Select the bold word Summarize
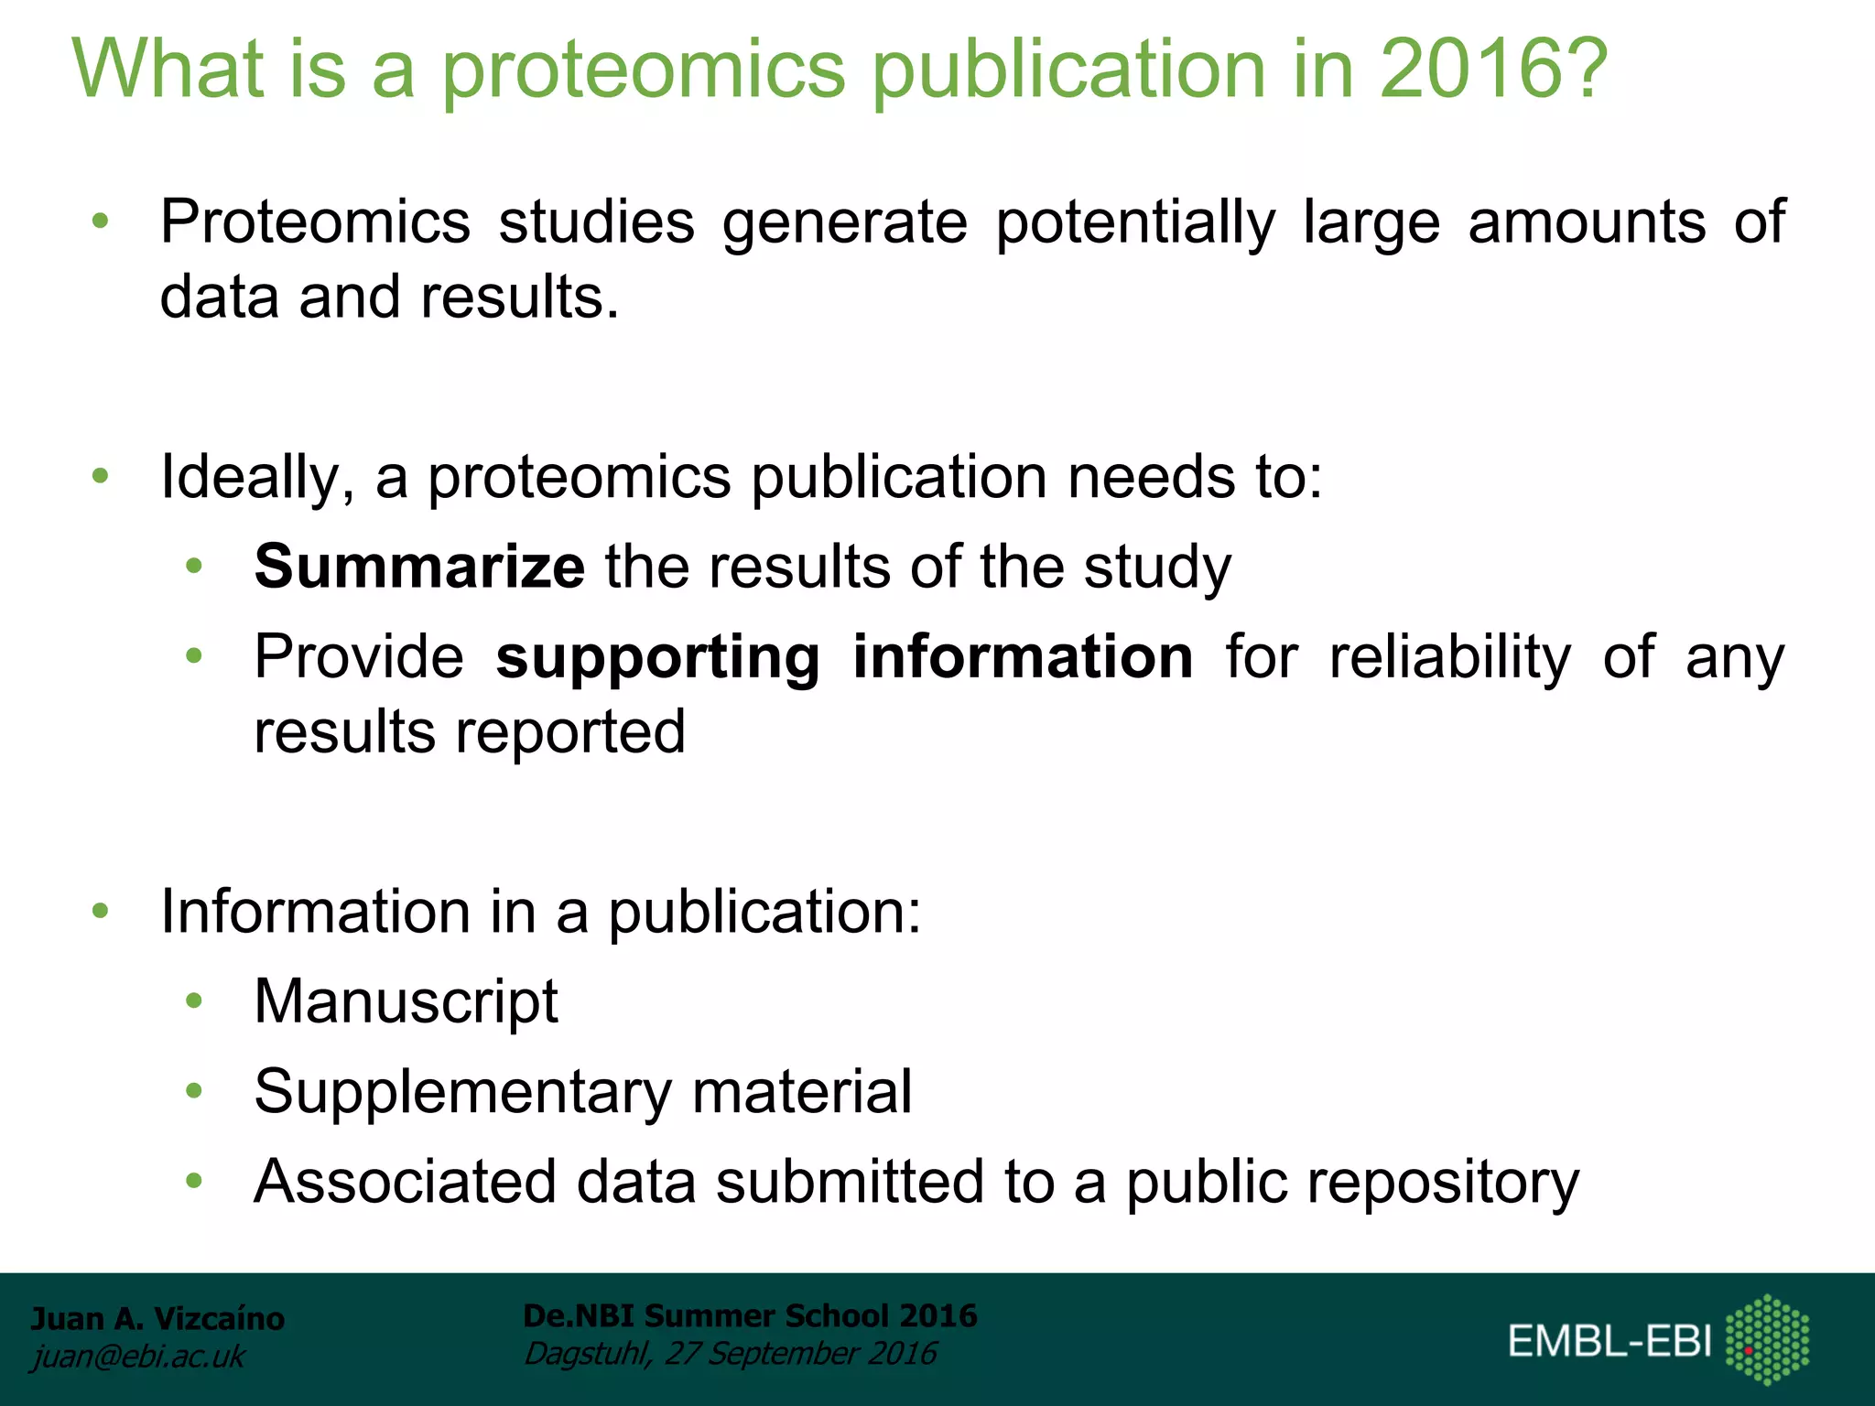coord(419,567)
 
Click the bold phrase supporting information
coord(844,658)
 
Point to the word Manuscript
coord(406,1001)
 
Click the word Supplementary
coord(463,1092)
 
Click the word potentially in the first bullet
coord(1135,223)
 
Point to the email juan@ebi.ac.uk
coord(138,1356)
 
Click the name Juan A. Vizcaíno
coord(157,1318)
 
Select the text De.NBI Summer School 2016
coord(750,1315)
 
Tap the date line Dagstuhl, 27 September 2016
coord(730,1353)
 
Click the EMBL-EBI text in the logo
coord(1609,1341)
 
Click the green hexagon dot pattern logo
coord(1767,1339)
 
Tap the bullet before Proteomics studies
coord(101,222)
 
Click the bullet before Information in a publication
coord(101,911)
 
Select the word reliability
coord(1450,658)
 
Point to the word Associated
coord(405,1183)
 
